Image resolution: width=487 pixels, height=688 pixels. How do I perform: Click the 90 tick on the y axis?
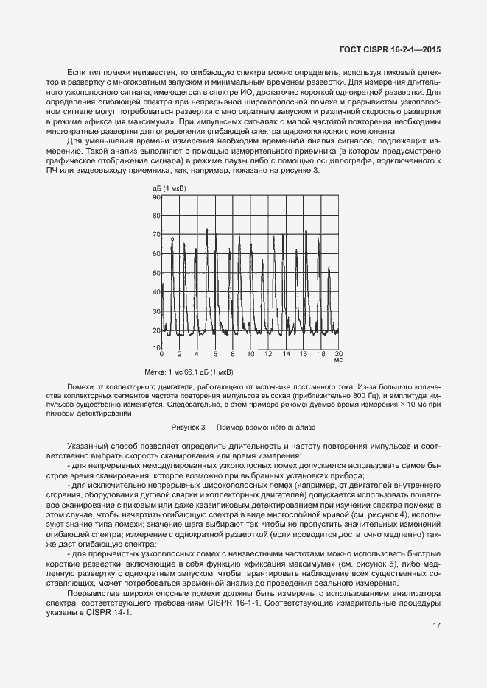pos(156,197)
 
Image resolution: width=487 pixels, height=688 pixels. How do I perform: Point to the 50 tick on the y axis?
pos(156,273)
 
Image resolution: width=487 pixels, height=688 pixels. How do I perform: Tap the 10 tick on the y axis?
pos(156,349)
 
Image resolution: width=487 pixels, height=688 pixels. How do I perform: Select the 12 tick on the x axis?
pos(268,355)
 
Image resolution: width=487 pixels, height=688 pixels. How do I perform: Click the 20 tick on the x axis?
pos(339,355)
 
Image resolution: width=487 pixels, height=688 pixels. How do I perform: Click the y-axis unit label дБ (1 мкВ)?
pos(169,188)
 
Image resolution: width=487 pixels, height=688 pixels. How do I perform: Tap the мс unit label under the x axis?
pos(338,361)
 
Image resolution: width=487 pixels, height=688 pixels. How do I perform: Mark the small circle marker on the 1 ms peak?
pos(172,239)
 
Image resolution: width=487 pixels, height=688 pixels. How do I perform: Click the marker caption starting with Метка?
pos(189,372)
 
